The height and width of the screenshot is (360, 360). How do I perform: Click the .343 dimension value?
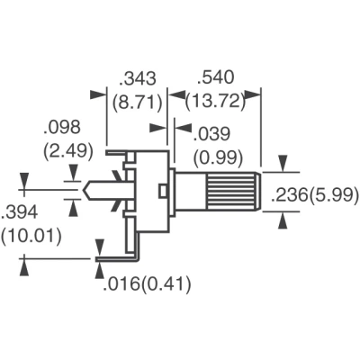click(x=138, y=79)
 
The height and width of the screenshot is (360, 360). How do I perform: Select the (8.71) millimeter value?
click(x=138, y=103)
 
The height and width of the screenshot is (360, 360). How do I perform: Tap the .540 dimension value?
click(x=215, y=77)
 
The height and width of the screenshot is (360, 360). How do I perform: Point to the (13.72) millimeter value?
click(x=215, y=102)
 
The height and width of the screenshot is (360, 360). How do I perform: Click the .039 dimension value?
click(x=211, y=134)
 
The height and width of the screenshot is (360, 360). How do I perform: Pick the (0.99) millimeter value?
click(x=218, y=158)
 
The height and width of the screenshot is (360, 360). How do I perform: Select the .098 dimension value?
click(x=62, y=127)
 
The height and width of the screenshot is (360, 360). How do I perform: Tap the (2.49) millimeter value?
click(x=68, y=151)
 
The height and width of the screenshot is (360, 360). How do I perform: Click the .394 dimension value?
click(x=20, y=212)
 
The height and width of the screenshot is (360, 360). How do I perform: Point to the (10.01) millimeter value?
click(x=31, y=236)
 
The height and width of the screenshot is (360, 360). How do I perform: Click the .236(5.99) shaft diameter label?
click(x=315, y=195)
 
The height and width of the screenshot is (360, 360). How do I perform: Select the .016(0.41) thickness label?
click(x=147, y=283)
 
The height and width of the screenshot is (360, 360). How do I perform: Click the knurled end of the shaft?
click(x=233, y=191)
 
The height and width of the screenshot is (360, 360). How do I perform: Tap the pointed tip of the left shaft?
click(x=82, y=190)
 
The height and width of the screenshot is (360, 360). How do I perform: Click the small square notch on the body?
click(x=163, y=191)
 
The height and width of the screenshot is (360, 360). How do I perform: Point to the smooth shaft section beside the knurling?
click(x=191, y=191)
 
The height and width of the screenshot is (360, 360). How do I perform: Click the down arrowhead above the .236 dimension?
click(x=283, y=163)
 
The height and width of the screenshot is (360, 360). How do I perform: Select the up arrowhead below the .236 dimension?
click(x=283, y=220)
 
